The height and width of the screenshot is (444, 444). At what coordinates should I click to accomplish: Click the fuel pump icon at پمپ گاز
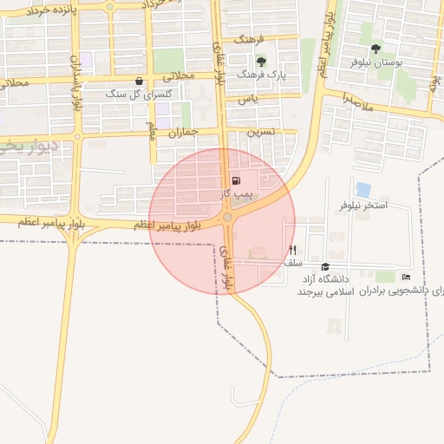tap(236, 181)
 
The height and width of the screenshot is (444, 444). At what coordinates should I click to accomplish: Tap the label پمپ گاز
tap(236, 194)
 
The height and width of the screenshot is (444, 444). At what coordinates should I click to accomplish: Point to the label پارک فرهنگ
tap(264, 75)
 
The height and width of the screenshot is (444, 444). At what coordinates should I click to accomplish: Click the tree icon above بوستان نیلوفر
tap(375, 49)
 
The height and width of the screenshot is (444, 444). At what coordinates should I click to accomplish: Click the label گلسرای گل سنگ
tap(140, 93)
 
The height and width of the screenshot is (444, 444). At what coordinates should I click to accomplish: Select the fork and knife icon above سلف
tap(293, 250)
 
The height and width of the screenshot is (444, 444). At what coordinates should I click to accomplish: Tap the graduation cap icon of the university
tap(325, 266)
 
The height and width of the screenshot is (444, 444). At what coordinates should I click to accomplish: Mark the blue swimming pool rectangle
tap(363, 189)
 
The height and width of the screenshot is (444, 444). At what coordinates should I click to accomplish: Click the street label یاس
tap(249, 101)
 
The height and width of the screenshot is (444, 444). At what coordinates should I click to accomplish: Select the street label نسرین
tap(262, 133)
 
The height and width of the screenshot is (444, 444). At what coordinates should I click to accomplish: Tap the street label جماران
tap(183, 133)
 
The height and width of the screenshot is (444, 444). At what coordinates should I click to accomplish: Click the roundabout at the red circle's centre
tap(227, 218)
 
